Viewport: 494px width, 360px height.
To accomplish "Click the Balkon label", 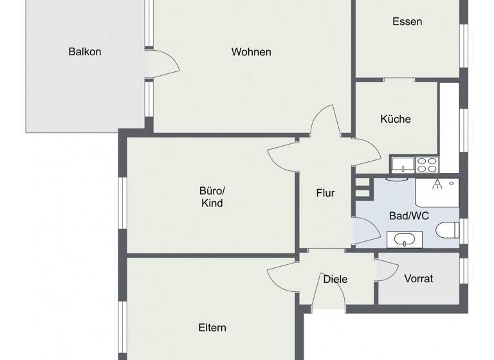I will [85, 52].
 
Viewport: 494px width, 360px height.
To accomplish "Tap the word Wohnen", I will [252, 52].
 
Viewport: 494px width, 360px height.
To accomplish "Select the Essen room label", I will [407, 22].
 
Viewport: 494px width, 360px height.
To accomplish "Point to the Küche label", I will [396, 119].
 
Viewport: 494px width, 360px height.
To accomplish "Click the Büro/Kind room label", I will [212, 197].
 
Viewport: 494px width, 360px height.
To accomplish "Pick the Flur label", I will [325, 193].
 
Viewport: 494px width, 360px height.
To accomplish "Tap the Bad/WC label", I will [409, 216].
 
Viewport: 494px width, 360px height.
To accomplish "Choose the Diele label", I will [335, 279].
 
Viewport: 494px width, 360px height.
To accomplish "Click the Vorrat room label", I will [418, 279].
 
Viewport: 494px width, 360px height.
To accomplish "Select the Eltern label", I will [212, 328].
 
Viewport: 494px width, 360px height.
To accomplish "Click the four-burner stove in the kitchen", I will [426, 165].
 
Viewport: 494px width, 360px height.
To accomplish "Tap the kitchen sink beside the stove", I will [402, 165].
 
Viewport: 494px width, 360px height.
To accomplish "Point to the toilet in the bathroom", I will [447, 230].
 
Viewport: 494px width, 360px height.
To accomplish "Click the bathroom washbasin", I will [405, 240].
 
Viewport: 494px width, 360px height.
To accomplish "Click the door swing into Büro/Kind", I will [283, 155].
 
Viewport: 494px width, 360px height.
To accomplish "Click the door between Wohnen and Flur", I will [325, 122].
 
